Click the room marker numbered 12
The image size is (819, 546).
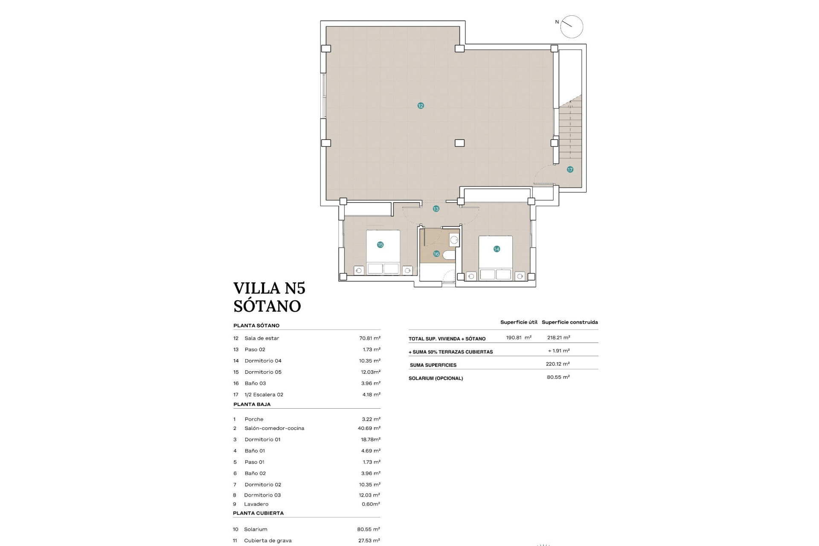(421, 106)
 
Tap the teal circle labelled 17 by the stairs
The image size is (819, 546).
(570, 170)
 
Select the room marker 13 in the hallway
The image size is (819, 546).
(436, 209)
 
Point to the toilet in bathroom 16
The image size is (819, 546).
(449, 255)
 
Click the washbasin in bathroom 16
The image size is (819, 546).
(454, 240)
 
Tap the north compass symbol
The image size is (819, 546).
(571, 27)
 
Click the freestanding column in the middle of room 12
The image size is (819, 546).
(459, 143)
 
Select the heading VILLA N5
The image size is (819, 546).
(269, 288)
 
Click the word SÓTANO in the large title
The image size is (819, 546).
(267, 306)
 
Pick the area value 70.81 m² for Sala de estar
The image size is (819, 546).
(369, 338)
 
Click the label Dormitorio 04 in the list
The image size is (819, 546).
(263, 361)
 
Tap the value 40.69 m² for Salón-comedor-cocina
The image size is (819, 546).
(369, 428)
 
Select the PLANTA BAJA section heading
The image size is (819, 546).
(252, 404)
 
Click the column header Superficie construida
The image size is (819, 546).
(569, 322)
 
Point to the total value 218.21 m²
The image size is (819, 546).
(558, 337)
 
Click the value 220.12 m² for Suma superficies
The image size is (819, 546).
(558, 364)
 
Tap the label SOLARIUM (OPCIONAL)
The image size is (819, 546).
(436, 378)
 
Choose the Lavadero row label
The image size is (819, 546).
(256, 504)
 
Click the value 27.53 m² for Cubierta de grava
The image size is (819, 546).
(369, 540)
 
